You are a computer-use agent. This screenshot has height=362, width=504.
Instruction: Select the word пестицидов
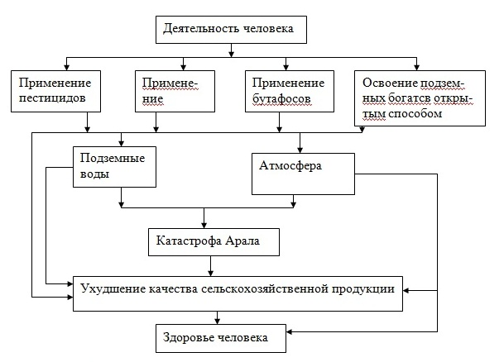52,98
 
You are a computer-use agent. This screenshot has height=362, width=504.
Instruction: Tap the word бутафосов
281,98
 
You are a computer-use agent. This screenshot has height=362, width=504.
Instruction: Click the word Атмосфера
290,166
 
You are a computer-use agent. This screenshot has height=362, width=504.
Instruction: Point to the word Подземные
113,159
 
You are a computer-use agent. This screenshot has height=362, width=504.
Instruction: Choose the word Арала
242,241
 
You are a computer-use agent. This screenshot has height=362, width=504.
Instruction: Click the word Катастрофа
189,241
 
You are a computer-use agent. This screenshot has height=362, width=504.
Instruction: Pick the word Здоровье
189,338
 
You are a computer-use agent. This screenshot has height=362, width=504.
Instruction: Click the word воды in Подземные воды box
94,174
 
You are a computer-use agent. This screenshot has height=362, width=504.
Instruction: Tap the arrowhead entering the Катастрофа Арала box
204,225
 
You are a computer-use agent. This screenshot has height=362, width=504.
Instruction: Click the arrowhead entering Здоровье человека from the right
290,331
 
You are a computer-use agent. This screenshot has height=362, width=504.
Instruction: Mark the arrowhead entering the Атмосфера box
300,150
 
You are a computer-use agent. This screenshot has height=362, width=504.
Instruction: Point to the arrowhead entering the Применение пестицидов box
66,67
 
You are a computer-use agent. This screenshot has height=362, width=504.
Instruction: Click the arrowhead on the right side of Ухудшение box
406,290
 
